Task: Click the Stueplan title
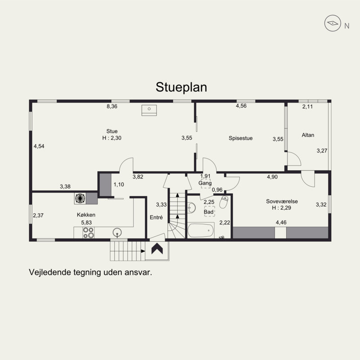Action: coord(181,87)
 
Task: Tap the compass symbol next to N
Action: coord(333,23)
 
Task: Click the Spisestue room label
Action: coord(241,138)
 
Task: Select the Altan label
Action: coord(308,135)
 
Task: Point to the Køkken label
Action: coord(86,215)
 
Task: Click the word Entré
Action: coord(156,217)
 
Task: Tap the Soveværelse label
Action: coord(282,201)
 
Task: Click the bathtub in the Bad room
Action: coord(201,230)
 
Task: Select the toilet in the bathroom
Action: coord(224,202)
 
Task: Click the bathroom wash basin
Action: coord(191,207)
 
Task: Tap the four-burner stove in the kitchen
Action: coord(88,233)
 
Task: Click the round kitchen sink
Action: coord(117,233)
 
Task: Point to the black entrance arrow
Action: coord(157,249)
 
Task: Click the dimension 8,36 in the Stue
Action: coord(112,106)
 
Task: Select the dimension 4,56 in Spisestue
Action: coord(241,106)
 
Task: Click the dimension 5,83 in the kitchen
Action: coord(86,222)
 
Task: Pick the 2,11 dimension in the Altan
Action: coord(307,107)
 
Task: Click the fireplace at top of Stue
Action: coord(149,110)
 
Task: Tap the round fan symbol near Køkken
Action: coord(80,198)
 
